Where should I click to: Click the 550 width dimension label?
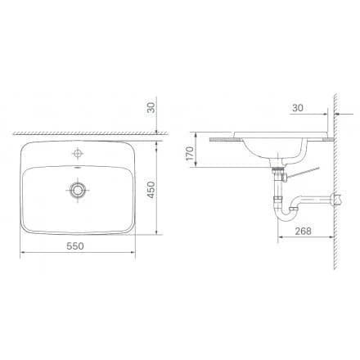point(75,246)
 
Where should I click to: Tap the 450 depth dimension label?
point(151,190)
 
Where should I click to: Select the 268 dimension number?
point(303,231)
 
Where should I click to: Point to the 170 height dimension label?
point(189,153)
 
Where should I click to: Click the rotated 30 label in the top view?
point(151,108)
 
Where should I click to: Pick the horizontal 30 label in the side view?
point(298,108)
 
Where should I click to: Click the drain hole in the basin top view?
point(78,190)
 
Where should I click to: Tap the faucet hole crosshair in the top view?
point(78,153)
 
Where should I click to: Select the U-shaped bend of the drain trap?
point(286,215)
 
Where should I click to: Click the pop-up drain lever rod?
point(304,173)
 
